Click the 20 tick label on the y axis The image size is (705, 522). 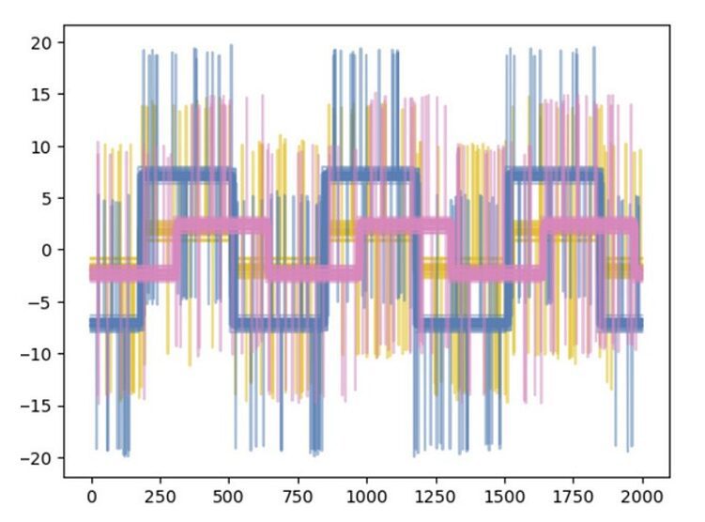pyautogui.click(x=44, y=42)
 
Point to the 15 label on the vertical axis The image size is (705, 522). pyautogui.click(x=44, y=95)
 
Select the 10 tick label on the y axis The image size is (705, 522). pyautogui.click(x=44, y=146)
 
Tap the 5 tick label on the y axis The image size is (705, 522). pyautogui.click(x=49, y=198)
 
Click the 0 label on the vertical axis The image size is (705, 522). pyautogui.click(x=49, y=251)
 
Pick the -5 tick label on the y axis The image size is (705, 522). pyautogui.click(x=43, y=302)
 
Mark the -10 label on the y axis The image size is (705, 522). pyautogui.click(x=39, y=354)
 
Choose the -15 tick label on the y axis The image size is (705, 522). pyautogui.click(x=39, y=407)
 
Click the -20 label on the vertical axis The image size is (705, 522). pyautogui.click(x=39, y=458)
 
